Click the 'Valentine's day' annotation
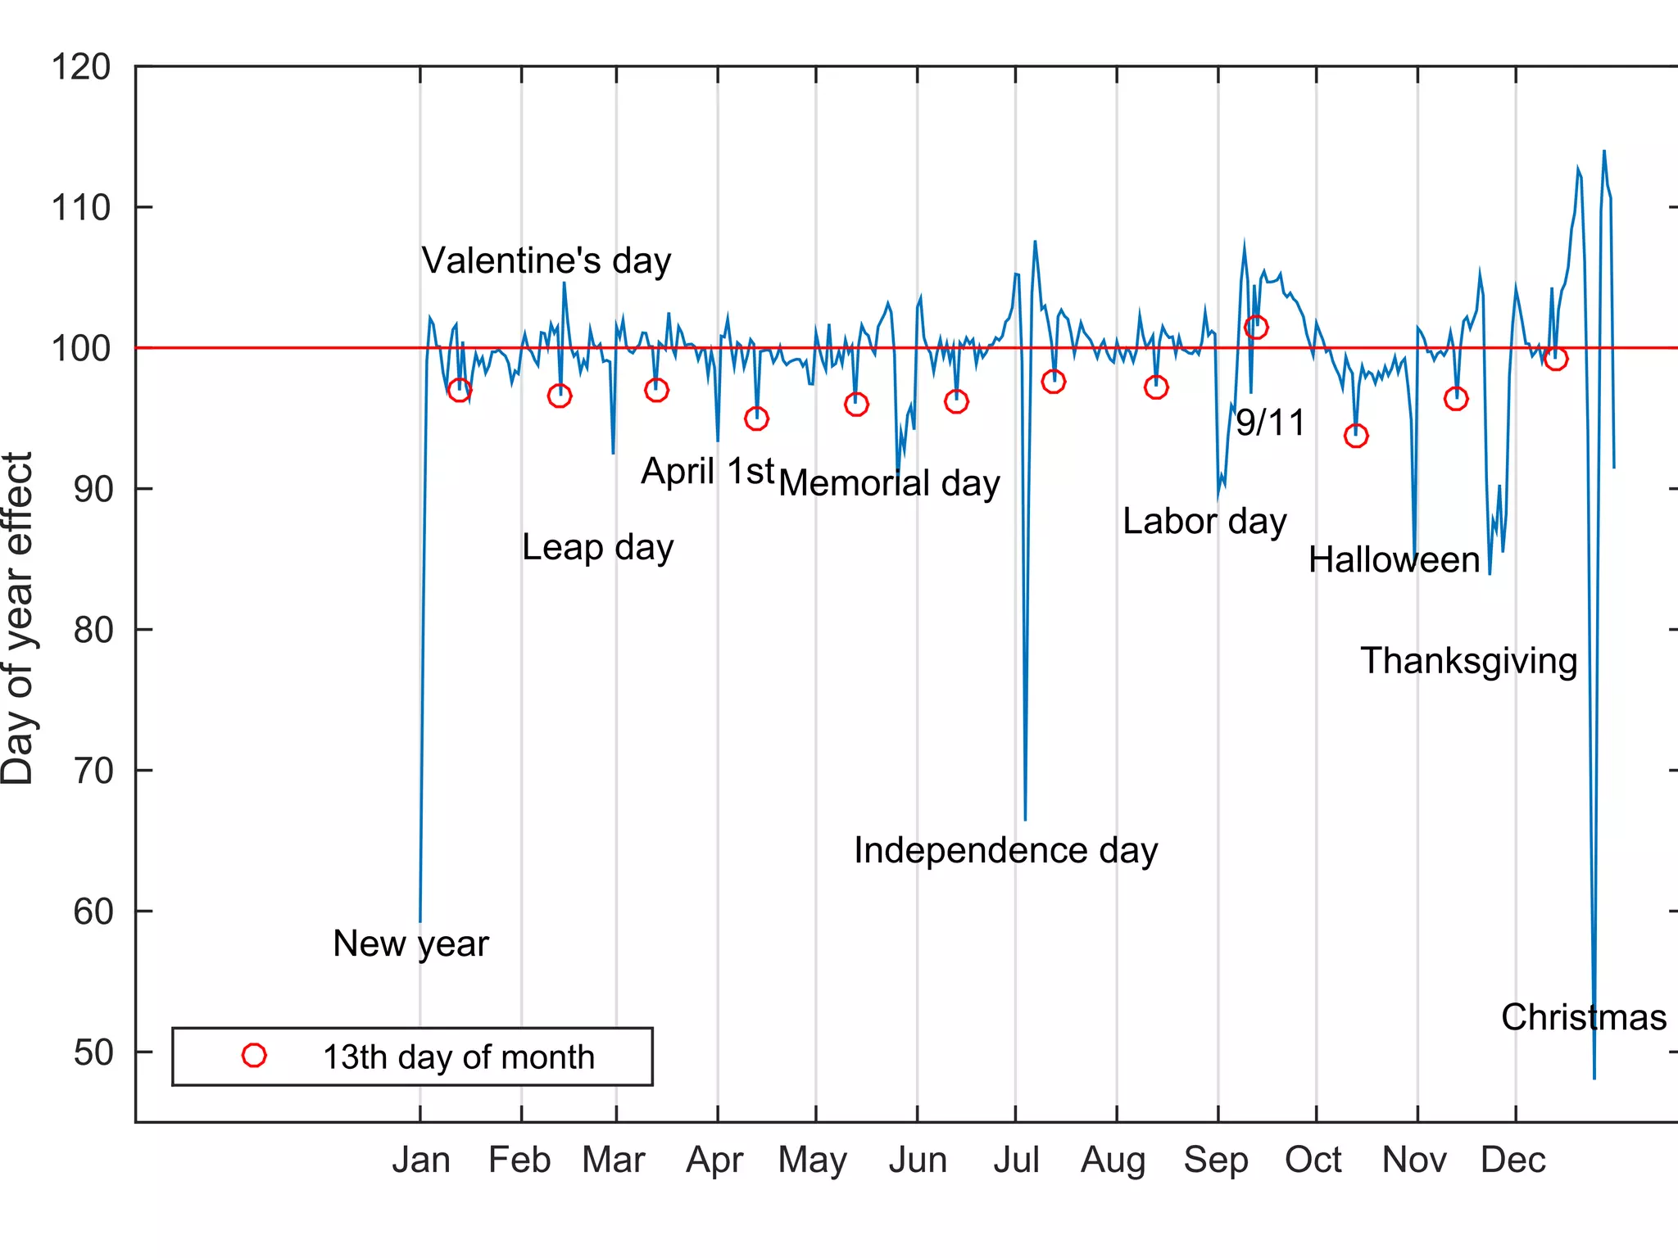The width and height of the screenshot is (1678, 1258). click(546, 260)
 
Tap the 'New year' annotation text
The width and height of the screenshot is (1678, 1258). click(410, 943)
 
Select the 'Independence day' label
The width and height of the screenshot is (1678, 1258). click(1005, 850)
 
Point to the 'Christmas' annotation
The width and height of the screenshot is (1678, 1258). click(1583, 1017)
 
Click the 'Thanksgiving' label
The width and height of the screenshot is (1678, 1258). click(1468, 661)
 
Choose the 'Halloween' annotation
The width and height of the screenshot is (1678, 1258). click(1394, 560)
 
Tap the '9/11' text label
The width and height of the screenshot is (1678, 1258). click(1270, 423)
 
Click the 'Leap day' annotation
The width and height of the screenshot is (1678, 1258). click(597, 547)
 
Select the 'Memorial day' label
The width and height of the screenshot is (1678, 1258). click(889, 483)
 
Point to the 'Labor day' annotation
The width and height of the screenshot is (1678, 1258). click(1204, 522)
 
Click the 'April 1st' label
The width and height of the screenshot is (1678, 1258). click(707, 471)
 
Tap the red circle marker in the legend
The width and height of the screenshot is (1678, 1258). click(254, 1056)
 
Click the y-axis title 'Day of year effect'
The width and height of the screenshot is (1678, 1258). click(18, 618)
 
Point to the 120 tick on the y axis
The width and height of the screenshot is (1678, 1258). click(80, 67)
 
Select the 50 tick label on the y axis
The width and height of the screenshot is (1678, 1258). click(92, 1052)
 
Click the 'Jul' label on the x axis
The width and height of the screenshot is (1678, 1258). click(1016, 1161)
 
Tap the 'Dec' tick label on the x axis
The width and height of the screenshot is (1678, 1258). click(1512, 1161)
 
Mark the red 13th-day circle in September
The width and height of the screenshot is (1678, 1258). click(1256, 328)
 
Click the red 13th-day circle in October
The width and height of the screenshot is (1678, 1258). click(1356, 436)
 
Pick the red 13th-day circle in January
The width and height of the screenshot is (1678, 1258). click(460, 390)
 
